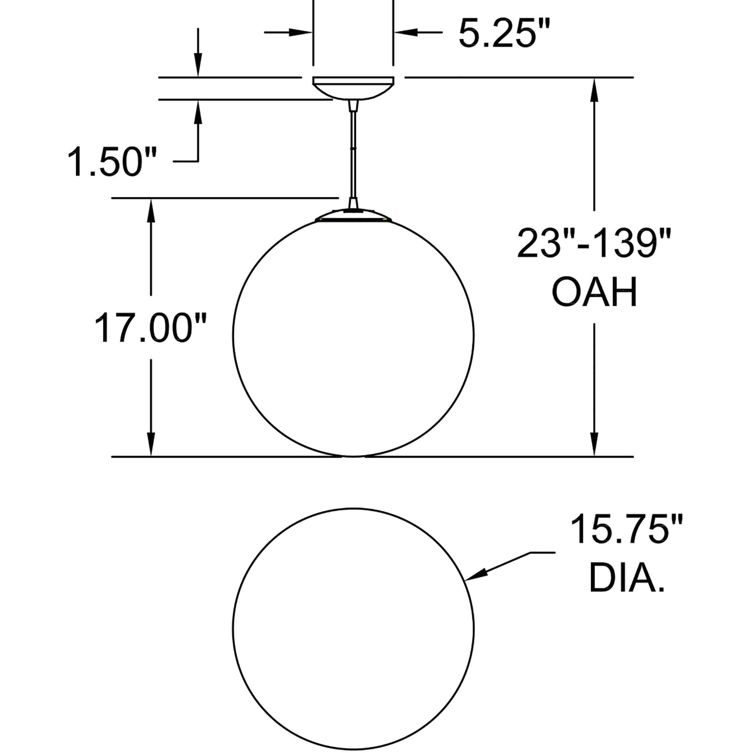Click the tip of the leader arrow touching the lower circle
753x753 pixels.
[x=465, y=580]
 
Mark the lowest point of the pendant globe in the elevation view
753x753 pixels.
[x=354, y=457]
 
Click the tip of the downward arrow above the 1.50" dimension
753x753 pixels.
[x=198, y=77]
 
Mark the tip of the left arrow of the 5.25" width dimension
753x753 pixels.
[x=313, y=32]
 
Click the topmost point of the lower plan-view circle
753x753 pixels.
[x=354, y=508]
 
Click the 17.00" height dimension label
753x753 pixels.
[x=150, y=327]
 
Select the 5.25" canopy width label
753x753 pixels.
[x=505, y=33]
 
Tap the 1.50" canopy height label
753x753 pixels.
[x=112, y=161]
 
